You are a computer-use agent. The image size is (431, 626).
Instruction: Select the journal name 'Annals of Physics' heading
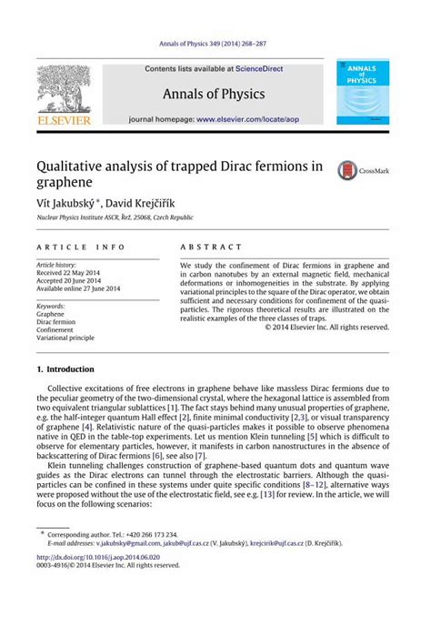(x=215, y=93)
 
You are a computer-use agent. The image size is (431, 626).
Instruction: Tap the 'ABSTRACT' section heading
(x=211, y=247)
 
